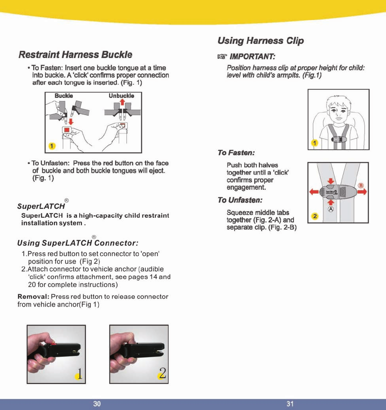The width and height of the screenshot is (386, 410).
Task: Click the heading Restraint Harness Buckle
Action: pos(75,55)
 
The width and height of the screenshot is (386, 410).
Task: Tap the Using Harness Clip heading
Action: pos(260,40)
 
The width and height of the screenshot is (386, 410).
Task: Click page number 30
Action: pos(97,404)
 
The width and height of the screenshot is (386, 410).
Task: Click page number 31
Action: pos(290,404)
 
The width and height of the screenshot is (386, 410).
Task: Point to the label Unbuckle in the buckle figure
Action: pos(121,96)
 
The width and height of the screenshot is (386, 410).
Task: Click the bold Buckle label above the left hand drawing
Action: pos(64,96)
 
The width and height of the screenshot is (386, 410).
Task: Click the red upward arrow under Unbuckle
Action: pos(121,102)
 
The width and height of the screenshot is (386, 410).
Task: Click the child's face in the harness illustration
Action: pos(337,111)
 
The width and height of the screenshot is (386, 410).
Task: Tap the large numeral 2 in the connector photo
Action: pos(163,373)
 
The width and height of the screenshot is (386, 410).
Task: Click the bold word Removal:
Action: pos(33,297)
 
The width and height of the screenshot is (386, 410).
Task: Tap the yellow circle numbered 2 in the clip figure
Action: pos(314,216)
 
